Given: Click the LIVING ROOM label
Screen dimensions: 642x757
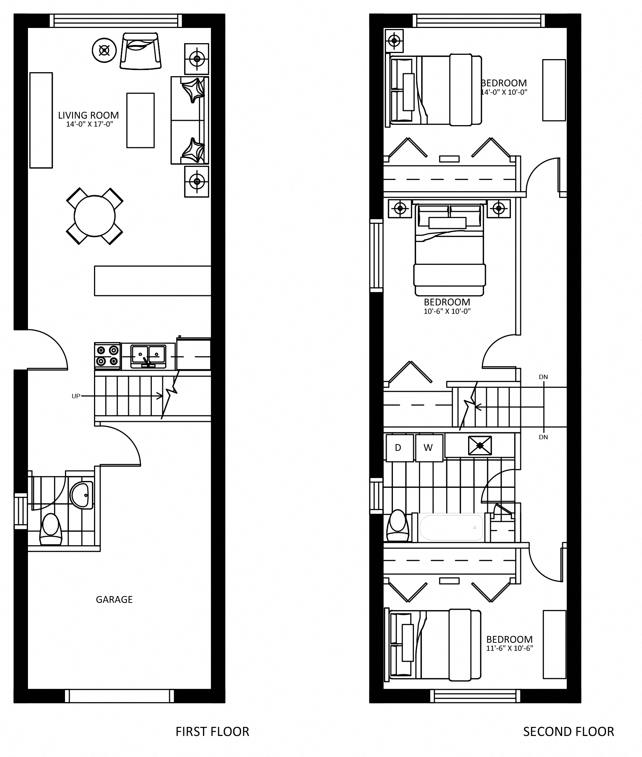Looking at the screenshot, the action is coord(89,115).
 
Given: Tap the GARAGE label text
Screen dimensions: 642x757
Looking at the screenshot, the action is coord(114,600).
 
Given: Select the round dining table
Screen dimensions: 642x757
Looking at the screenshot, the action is coord(95,216).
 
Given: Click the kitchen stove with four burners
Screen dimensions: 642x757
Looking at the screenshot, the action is coord(107,356).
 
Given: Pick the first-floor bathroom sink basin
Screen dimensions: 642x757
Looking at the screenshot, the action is coord(82,495).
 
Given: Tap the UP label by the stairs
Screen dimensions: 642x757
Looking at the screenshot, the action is coord(76,396).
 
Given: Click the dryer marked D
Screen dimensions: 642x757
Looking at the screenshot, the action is coord(399,448).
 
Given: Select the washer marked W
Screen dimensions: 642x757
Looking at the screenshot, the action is coord(429,448).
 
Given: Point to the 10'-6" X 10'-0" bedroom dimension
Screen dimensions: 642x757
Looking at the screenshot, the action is coord(447,311).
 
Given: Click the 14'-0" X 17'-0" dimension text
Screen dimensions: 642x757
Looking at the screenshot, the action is coord(90,124).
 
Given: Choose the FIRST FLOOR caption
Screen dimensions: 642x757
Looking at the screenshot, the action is coord(212,732).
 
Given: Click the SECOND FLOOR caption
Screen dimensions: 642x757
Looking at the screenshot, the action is coord(569,732).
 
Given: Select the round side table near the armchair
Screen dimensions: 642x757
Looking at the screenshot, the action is coord(104,50).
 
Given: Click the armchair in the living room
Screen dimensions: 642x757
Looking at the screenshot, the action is coord(141,50).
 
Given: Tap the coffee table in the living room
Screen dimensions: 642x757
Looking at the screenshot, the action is coord(141,120).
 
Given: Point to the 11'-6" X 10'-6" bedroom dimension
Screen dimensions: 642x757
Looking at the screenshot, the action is coord(510,648).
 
